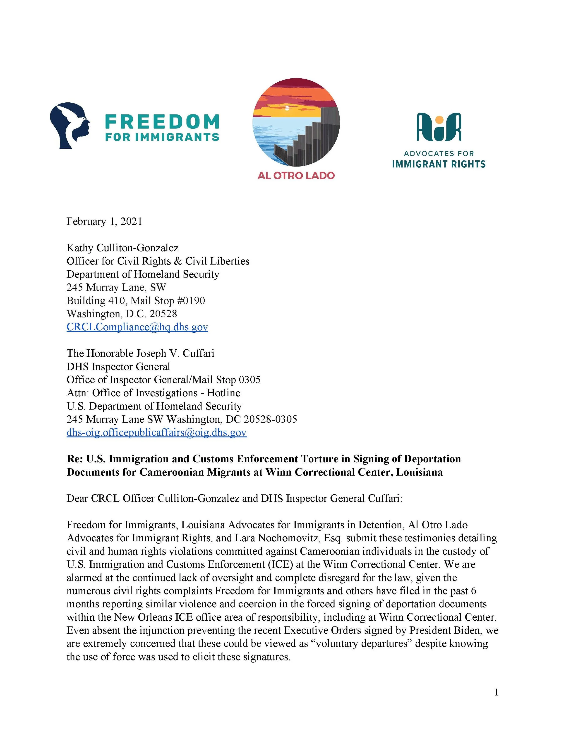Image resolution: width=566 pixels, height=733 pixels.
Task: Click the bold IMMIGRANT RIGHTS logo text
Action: [439, 164]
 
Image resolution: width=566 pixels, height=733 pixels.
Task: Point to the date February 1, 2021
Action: [104, 222]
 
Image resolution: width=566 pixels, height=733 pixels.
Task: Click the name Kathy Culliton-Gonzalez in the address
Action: [122, 248]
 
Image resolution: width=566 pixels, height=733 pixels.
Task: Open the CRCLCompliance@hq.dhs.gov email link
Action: [137, 327]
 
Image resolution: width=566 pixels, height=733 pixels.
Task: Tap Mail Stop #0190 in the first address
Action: [168, 300]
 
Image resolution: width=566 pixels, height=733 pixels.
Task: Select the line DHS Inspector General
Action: [118, 367]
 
